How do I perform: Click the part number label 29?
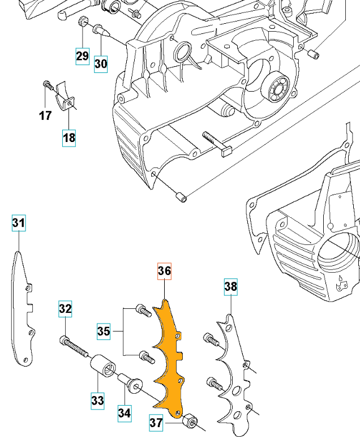(83, 55)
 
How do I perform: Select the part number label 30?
(101, 63)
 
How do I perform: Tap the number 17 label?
(45, 115)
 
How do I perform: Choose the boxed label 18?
(69, 137)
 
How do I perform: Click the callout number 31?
(19, 224)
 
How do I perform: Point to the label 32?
(66, 309)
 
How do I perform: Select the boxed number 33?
(98, 401)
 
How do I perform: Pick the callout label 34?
(125, 412)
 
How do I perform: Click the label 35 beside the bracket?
(104, 331)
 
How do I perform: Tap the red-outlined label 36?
(164, 272)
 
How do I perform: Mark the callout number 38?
(231, 287)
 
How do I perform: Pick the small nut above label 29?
(82, 23)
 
